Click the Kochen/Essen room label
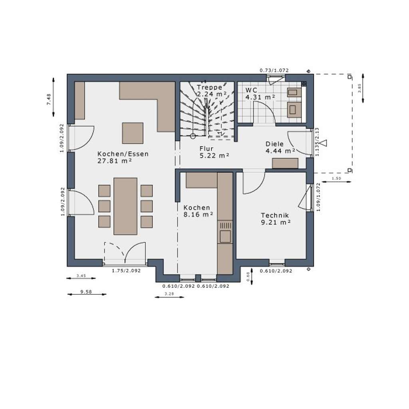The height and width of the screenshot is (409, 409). (123, 154)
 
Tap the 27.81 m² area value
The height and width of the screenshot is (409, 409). (115, 161)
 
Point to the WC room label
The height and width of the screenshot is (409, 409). (251, 90)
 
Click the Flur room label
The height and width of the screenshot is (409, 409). (207, 149)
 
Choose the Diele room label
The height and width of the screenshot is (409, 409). (274, 144)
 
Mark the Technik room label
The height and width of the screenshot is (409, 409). (275, 215)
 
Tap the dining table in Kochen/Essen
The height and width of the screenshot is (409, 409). (125, 206)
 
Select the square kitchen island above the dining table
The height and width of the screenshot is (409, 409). (133, 133)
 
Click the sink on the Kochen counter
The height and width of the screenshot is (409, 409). (225, 236)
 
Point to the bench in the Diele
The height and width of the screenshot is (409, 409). (285, 163)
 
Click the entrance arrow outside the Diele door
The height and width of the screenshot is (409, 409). (324, 143)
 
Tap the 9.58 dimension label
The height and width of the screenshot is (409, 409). (86, 292)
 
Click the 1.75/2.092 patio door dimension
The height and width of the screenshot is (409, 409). (126, 271)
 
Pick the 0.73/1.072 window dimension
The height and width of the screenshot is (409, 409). (274, 70)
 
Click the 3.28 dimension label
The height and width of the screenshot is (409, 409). (169, 294)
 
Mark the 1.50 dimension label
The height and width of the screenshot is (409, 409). (336, 179)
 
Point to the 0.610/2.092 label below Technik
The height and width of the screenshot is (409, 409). (276, 271)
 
